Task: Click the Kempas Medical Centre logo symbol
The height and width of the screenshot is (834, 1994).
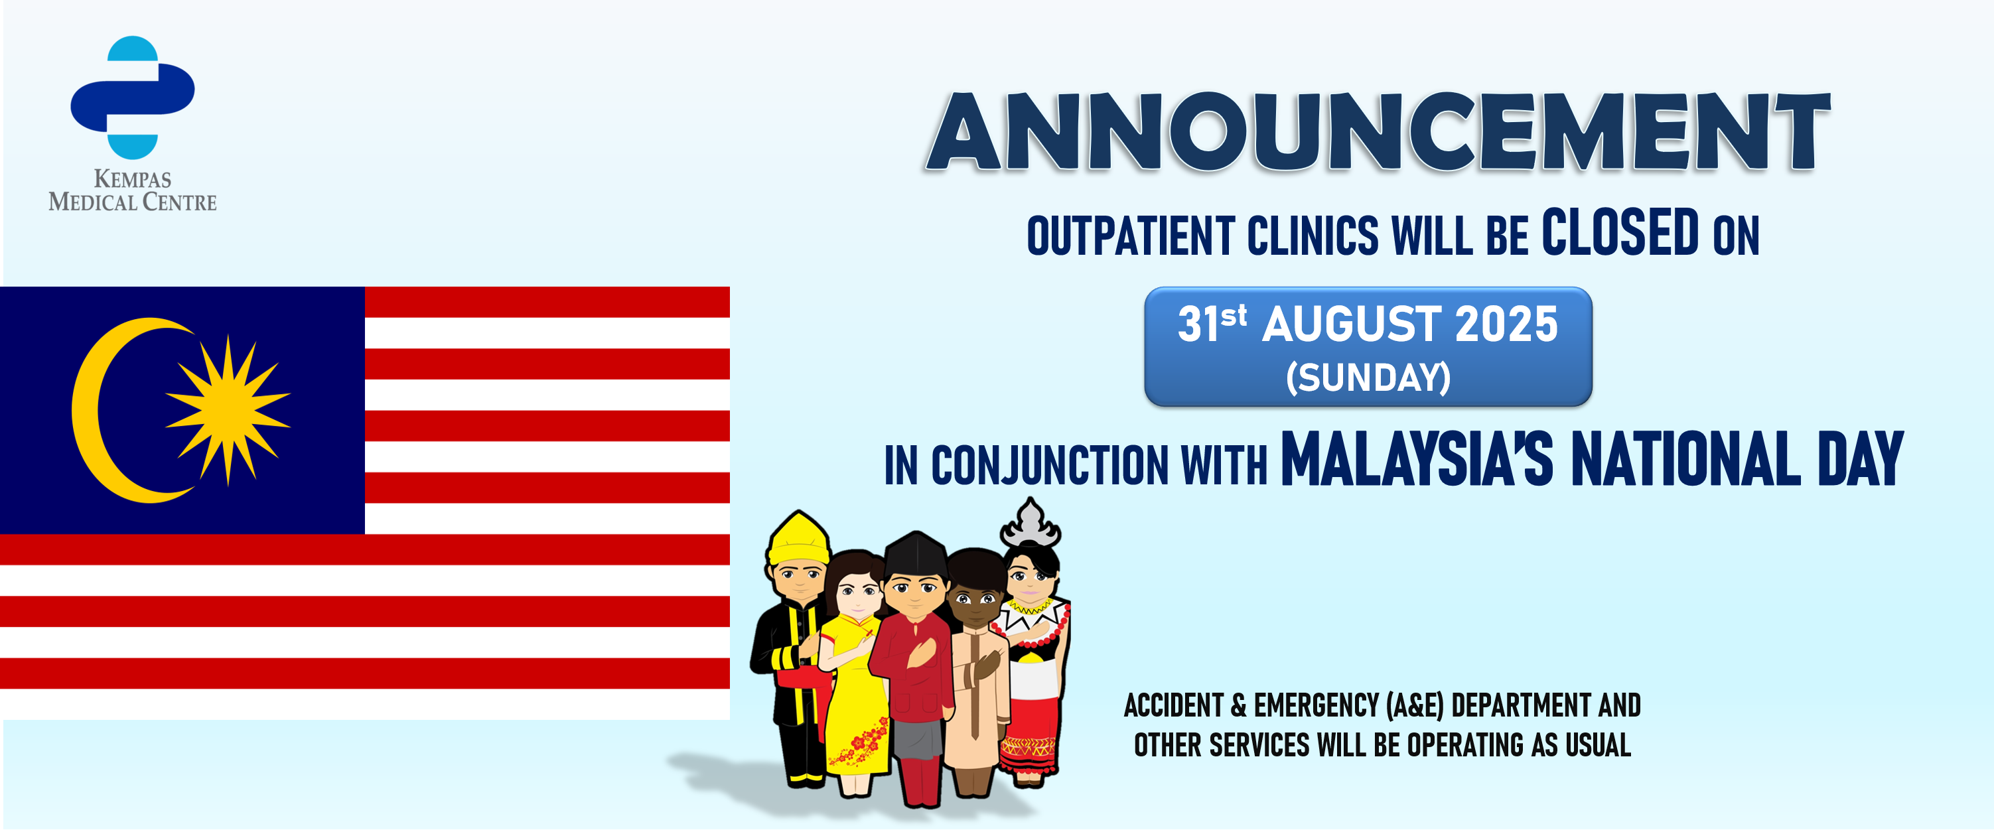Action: [x=132, y=98]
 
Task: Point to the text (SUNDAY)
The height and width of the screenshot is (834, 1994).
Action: [x=1368, y=378]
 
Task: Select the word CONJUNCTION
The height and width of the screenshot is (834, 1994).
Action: [x=1049, y=466]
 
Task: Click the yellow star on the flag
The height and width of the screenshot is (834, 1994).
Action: [x=228, y=410]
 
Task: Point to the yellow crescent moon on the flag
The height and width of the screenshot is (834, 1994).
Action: [x=124, y=410]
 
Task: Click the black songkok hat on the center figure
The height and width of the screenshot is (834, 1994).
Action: [x=916, y=555]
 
